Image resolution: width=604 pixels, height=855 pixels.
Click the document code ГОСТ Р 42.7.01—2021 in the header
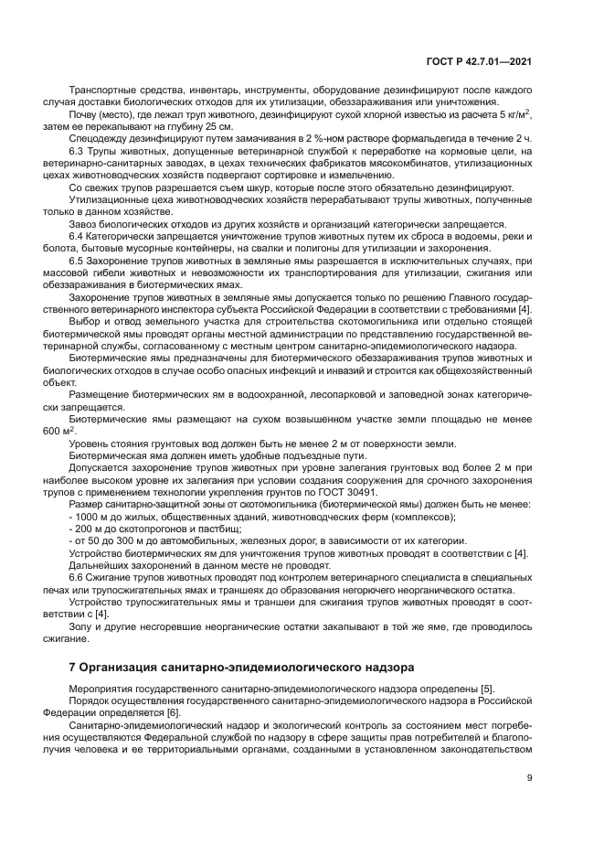click(479, 62)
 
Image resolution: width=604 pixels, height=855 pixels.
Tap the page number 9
click(529, 778)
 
